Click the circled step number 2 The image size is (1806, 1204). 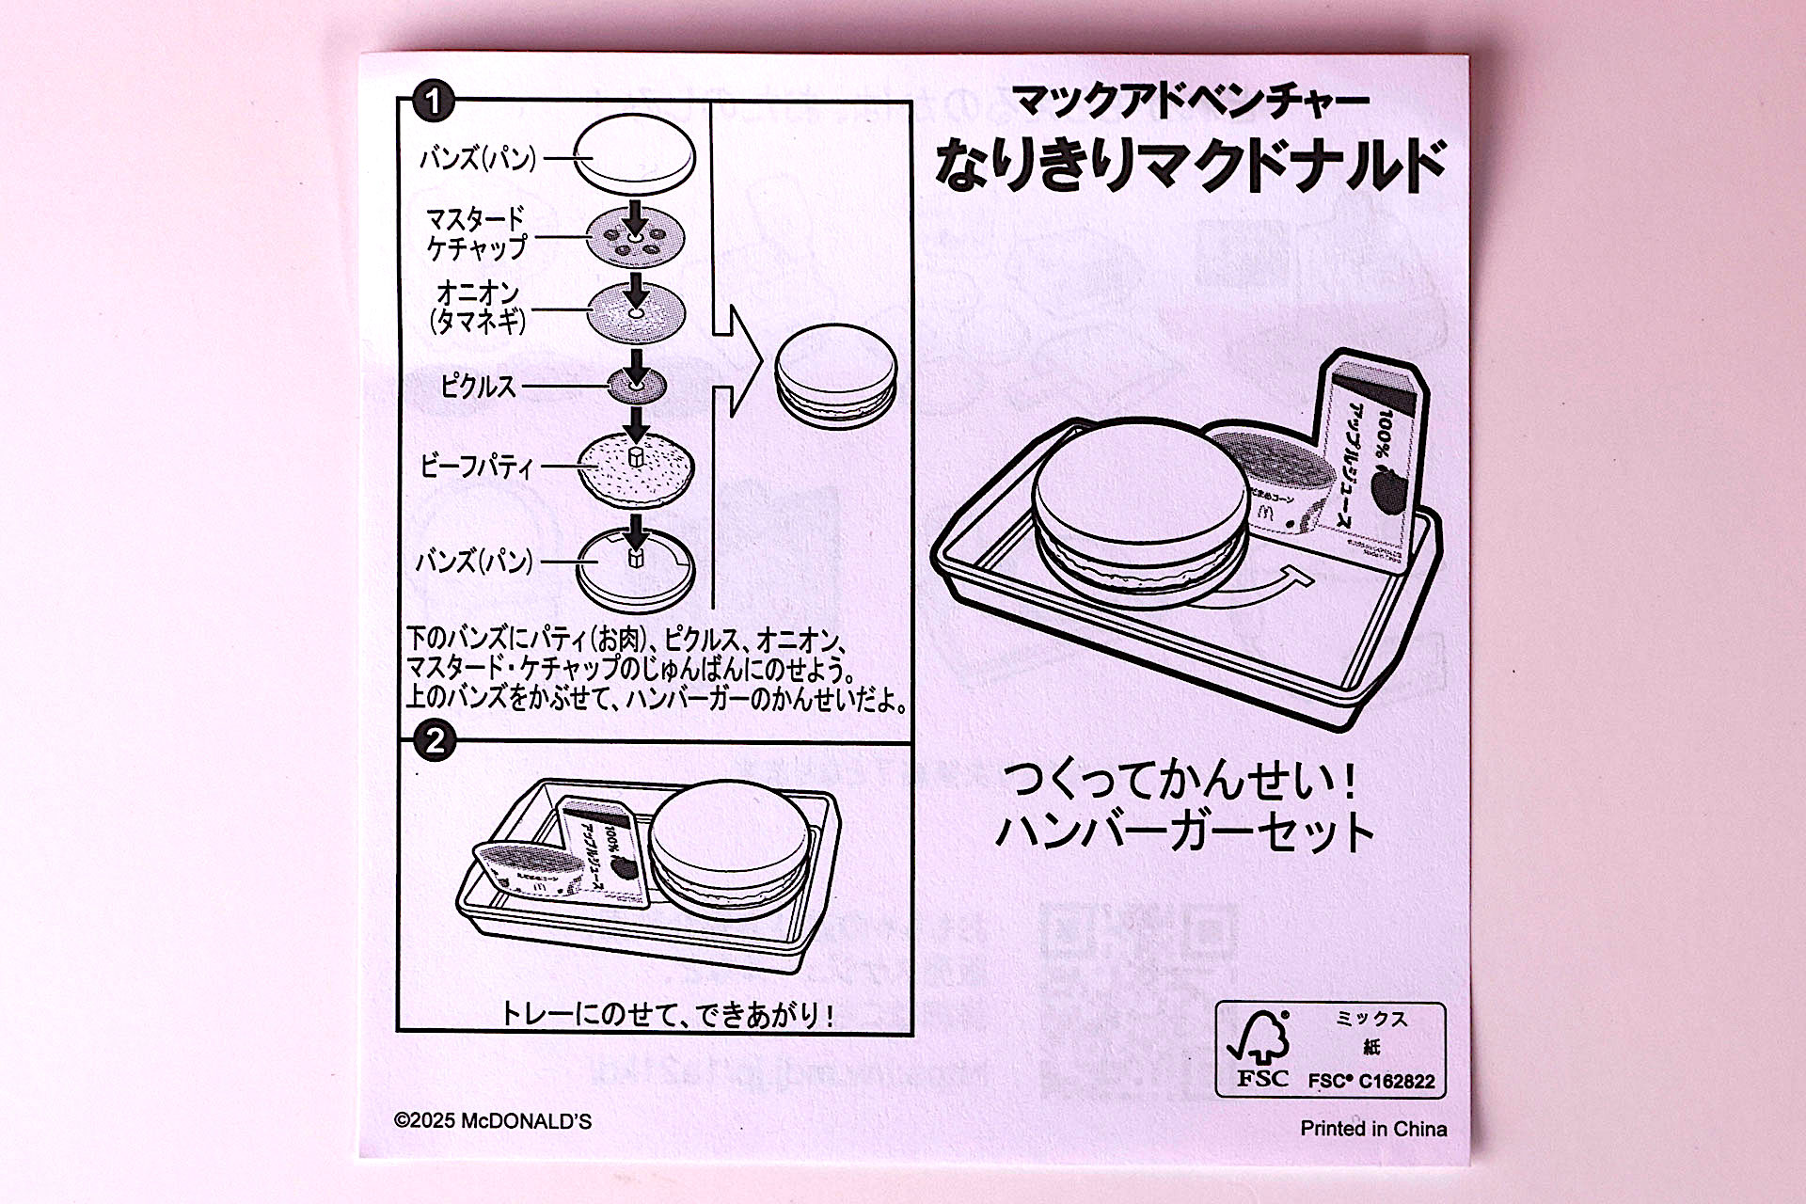click(434, 741)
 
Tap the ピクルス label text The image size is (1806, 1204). click(478, 386)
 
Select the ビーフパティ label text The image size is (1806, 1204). click(477, 466)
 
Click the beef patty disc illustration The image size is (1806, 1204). click(637, 467)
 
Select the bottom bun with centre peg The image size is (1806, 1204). click(636, 568)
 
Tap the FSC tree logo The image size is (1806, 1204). click(1260, 1040)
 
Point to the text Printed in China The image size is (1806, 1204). click(1372, 1129)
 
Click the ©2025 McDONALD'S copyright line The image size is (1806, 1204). click(493, 1121)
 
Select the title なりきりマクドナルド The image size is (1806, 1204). click(1189, 164)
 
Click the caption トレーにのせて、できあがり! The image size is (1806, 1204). click(667, 1014)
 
